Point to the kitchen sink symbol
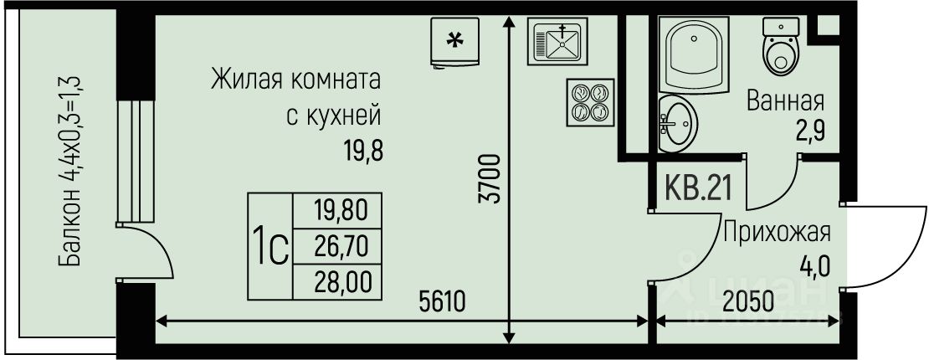(x=557, y=41)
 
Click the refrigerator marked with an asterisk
(x=454, y=40)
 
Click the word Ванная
(x=785, y=102)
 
